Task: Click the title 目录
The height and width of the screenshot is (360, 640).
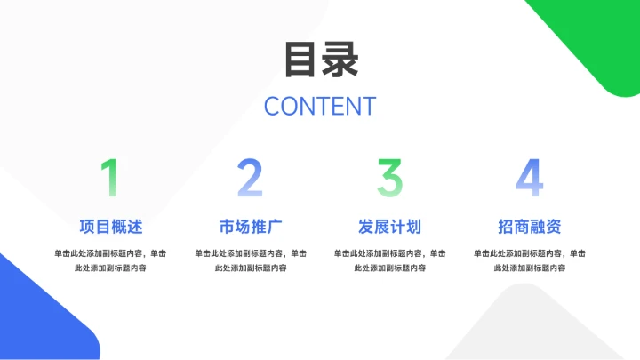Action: (320, 60)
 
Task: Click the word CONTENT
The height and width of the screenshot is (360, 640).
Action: (320, 106)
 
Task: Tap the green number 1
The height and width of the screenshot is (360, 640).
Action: (109, 178)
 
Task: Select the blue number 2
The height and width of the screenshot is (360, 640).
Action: (250, 178)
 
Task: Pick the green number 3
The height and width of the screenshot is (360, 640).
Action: (390, 178)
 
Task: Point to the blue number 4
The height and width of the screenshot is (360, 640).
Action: (530, 178)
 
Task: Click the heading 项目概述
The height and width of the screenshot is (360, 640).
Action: (110, 226)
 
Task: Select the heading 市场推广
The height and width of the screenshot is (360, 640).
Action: (250, 226)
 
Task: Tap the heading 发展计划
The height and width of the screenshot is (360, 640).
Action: (390, 226)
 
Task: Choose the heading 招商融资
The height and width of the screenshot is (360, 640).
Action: (530, 226)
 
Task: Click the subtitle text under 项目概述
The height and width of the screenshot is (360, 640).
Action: (110, 260)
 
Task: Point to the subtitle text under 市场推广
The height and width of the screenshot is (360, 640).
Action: (250, 260)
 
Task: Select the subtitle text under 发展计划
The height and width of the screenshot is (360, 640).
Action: (390, 260)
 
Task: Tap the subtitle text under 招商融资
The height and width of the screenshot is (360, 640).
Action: (530, 260)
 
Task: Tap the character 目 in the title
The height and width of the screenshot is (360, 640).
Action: (300, 60)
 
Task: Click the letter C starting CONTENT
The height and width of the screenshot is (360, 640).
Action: (272, 106)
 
